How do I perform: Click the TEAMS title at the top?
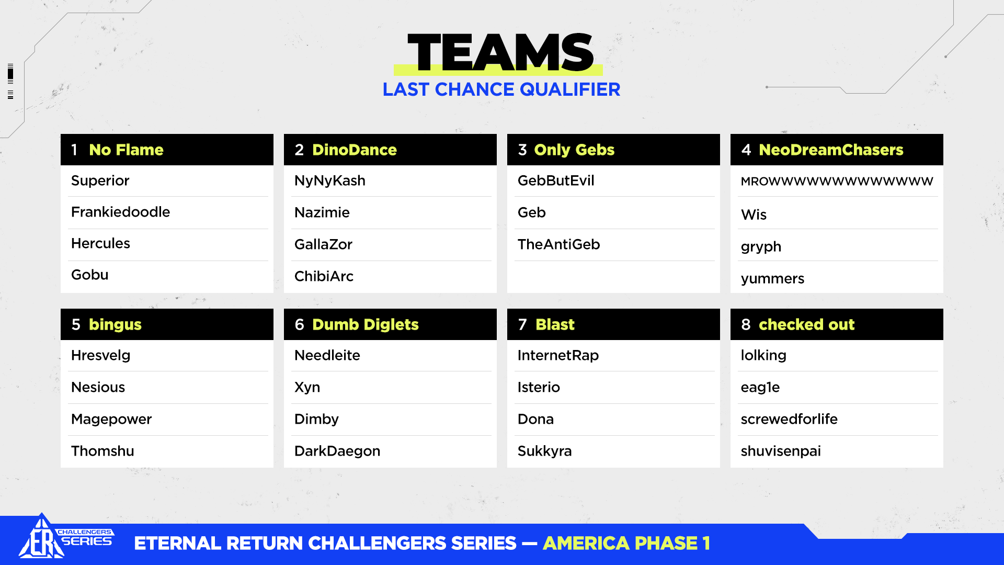point(500,52)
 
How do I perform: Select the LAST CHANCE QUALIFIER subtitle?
point(501,89)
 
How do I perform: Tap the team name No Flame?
point(126,150)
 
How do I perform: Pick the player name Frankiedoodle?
point(120,212)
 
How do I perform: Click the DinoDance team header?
point(355,150)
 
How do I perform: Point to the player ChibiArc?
point(324,276)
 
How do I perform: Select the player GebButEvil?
point(556,180)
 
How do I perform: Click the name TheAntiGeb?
point(558,244)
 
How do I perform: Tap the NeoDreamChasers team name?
point(831,150)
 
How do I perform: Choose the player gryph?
point(761,247)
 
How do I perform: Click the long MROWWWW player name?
point(837,182)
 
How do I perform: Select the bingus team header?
point(115,324)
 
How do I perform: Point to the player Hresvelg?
point(100,356)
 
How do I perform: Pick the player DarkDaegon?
point(337,451)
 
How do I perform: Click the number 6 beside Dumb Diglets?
point(299,324)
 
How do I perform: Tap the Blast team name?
point(555,324)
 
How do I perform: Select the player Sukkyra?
point(544,451)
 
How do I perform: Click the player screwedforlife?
point(789,419)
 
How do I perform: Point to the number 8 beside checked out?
point(746,324)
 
